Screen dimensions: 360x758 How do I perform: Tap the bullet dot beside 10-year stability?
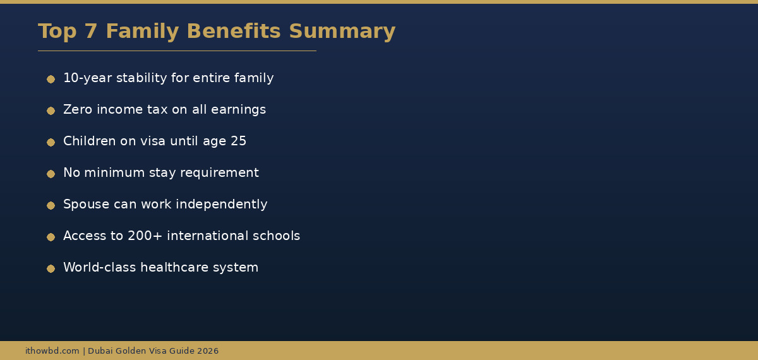click(x=51, y=79)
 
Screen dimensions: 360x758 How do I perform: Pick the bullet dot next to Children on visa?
click(x=51, y=142)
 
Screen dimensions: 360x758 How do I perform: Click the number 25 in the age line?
click(x=238, y=141)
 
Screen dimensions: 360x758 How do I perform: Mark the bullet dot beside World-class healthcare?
click(x=51, y=268)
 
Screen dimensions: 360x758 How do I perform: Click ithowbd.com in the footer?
click(x=52, y=351)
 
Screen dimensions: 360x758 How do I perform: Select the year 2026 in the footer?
click(x=207, y=351)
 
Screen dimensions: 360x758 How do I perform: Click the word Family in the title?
click(x=143, y=32)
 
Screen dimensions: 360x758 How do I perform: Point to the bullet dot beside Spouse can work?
click(x=51, y=205)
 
